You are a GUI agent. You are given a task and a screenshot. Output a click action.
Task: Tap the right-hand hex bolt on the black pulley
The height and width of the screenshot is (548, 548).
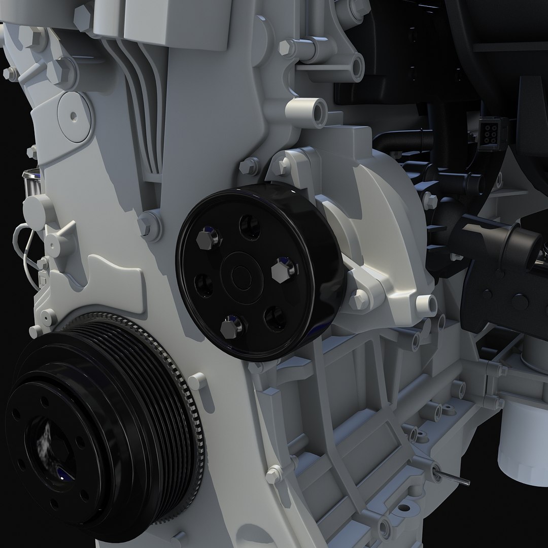[283, 270]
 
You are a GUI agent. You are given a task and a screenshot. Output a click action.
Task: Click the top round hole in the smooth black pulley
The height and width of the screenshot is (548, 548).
[250, 227]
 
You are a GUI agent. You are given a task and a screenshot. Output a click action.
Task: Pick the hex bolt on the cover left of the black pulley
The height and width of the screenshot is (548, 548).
[149, 224]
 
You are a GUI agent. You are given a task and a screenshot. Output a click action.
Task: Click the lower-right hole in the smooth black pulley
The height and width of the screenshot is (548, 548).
[276, 318]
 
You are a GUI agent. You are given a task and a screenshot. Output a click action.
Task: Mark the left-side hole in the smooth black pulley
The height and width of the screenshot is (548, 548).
[204, 285]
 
